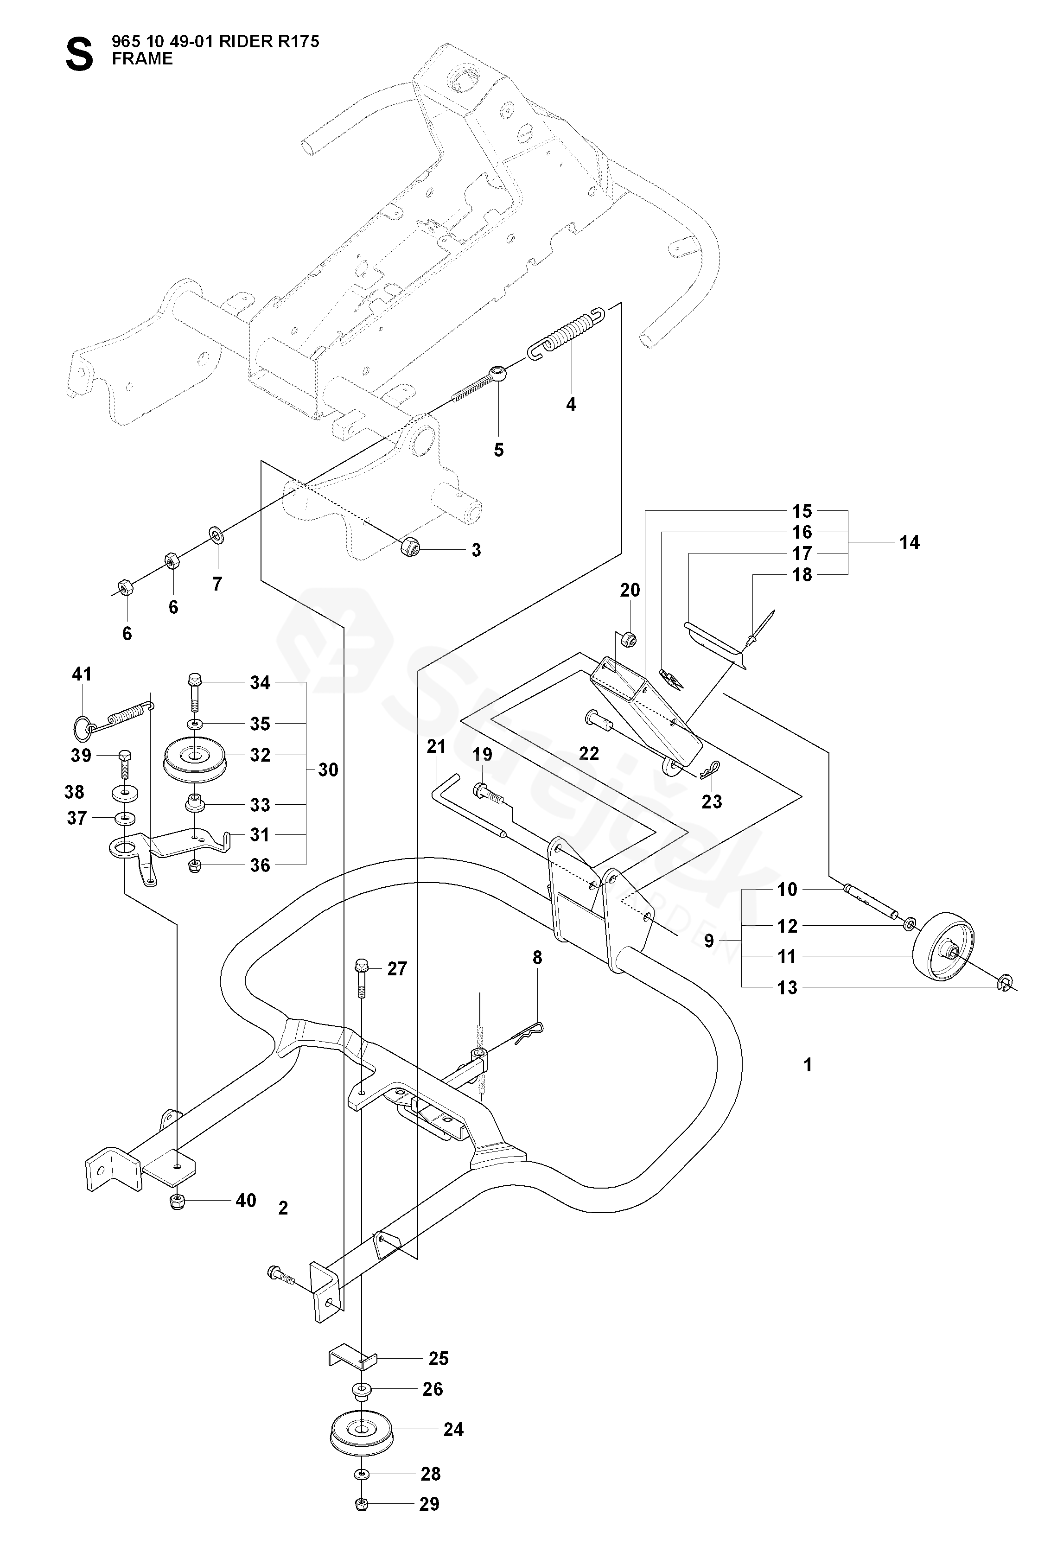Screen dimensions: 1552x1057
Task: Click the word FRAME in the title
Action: pyautogui.click(x=142, y=59)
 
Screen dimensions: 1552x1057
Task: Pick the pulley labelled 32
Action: pyautogui.click(x=196, y=757)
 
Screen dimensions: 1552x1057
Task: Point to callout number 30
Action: pyautogui.click(x=328, y=770)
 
